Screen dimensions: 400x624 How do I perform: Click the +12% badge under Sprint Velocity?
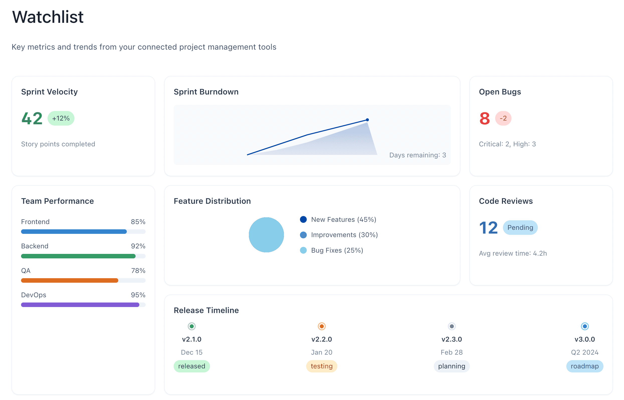click(x=61, y=119)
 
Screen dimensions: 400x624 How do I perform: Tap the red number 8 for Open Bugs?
click(x=484, y=119)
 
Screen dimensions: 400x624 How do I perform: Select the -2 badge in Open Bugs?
click(x=503, y=119)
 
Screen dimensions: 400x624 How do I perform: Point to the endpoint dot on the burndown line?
click(x=367, y=120)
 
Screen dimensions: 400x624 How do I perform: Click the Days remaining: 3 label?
click(x=418, y=155)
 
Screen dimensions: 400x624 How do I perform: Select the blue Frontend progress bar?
click(x=74, y=232)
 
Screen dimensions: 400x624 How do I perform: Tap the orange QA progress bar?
click(x=70, y=280)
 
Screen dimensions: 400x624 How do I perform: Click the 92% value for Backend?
click(x=138, y=246)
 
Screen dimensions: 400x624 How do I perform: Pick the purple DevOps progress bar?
click(x=80, y=305)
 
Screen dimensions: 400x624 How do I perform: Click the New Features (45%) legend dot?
click(x=303, y=220)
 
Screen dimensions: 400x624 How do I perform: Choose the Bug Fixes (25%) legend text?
click(x=337, y=250)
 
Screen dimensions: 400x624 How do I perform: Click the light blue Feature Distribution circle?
click(x=266, y=235)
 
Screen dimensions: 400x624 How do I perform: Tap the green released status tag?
click(x=192, y=366)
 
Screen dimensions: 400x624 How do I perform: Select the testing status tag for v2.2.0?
click(x=322, y=366)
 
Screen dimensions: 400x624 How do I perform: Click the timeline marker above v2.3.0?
click(x=452, y=326)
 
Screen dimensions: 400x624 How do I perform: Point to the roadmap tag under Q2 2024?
click(x=584, y=366)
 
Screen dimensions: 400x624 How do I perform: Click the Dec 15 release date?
click(x=192, y=352)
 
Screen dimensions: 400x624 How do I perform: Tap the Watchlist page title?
click(x=48, y=17)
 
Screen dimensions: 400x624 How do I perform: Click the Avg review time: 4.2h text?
click(x=512, y=253)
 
